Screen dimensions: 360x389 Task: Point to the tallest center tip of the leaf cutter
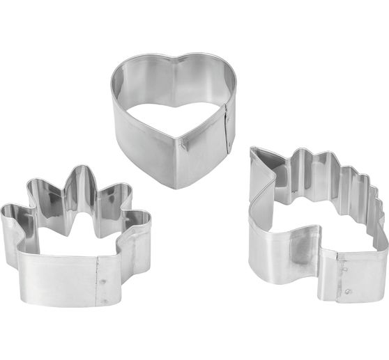tap(81, 171)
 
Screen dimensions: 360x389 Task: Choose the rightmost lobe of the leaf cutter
tap(144, 218)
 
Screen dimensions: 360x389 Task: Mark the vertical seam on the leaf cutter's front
tap(98, 281)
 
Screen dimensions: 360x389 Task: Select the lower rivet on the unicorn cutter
tap(346, 291)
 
